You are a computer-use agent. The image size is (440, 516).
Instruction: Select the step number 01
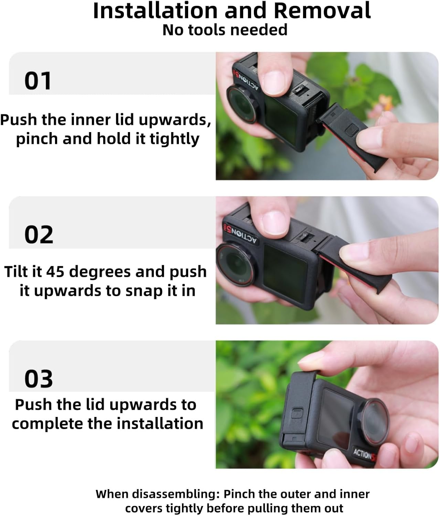point(38,81)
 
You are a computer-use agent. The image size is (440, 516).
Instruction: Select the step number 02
point(39,235)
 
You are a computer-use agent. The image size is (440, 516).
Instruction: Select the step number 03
point(39,379)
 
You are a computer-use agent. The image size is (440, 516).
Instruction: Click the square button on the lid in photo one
point(352,130)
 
